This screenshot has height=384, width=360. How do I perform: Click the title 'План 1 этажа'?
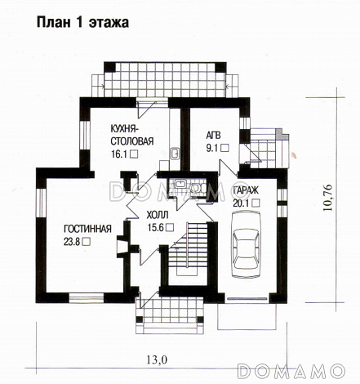pos(82,22)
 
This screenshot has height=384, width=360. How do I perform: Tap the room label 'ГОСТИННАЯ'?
pos(87,229)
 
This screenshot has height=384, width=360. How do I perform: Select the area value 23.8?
pos(72,242)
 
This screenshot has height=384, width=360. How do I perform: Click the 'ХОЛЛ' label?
pos(158,215)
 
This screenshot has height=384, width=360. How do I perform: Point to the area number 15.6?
pos(156,227)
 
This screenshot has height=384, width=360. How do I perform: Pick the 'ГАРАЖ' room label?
pos(246,190)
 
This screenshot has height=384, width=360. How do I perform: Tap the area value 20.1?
pos(241,203)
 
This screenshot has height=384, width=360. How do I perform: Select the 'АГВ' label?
pos(214,135)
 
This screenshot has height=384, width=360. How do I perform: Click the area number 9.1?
pos(212,148)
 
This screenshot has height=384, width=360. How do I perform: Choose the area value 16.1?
pos(119,154)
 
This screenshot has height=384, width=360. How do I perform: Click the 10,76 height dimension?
pos(327,198)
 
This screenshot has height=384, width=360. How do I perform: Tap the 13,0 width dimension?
pos(157,360)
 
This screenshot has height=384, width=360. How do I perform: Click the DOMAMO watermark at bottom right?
pos(291,371)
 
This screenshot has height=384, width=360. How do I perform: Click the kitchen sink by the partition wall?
pos(175,154)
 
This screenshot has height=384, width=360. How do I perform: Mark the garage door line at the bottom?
pos(247,299)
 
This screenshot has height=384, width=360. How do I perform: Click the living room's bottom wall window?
pos(87,298)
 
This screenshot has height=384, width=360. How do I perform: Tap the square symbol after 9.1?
pos(224,148)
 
